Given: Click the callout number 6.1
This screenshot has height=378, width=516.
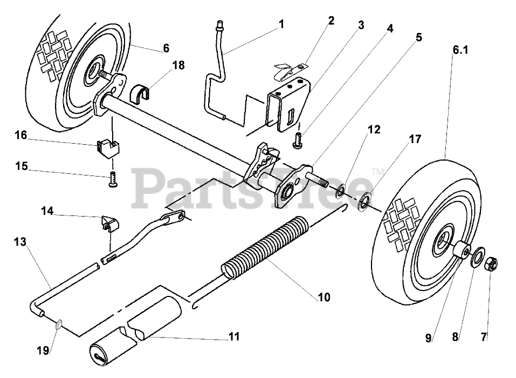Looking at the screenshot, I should click(460, 50).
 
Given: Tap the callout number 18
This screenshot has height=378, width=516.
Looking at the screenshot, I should click(178, 65).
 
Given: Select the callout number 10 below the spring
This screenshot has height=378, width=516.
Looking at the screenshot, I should click(324, 297).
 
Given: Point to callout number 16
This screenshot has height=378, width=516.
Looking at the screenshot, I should click(21, 135).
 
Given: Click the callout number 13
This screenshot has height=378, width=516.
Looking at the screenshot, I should click(20, 242).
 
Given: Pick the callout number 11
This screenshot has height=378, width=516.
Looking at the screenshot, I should click(233, 336).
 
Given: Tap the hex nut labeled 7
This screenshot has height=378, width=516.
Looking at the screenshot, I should click(492, 265).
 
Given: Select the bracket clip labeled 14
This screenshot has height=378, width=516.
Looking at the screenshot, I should click(108, 222).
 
